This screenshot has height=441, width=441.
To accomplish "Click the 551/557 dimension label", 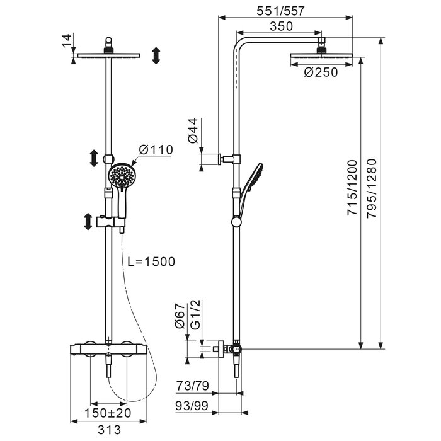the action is [x=280, y=11].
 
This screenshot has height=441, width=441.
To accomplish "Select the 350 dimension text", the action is [x=281, y=26].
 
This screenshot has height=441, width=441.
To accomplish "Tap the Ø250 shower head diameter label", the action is [x=321, y=72].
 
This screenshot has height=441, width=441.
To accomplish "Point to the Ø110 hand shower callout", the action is [x=156, y=150].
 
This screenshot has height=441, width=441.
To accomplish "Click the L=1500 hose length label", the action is [x=151, y=261].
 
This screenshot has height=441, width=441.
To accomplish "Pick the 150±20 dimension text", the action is [x=108, y=413].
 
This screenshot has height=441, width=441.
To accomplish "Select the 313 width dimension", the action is [x=109, y=430].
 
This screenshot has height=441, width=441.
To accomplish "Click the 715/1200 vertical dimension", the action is [x=352, y=188].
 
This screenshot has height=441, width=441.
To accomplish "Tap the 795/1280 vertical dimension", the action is [x=372, y=188].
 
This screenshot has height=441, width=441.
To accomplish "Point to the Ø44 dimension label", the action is [x=193, y=131].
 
